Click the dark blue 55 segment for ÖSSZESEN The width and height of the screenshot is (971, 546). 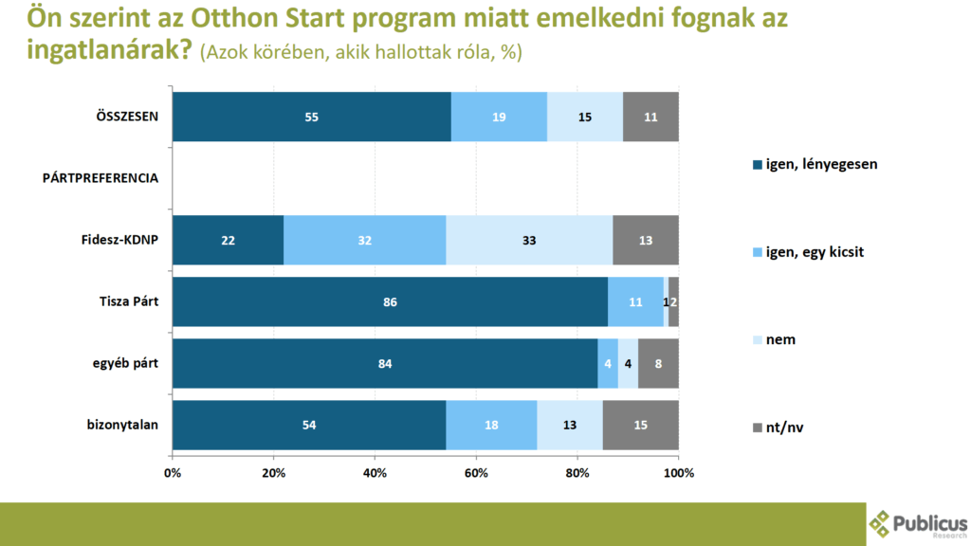pos(311,117)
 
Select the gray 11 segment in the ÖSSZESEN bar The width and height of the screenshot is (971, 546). pos(650,117)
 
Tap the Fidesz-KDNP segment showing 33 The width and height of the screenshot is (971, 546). pos(529,240)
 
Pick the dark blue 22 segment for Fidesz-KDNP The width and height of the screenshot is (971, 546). pos(228,240)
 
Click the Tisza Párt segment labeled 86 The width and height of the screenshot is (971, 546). pos(390,301)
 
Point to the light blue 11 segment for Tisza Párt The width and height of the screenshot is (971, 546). pos(635,301)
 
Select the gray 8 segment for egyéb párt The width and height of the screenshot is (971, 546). pos(658,363)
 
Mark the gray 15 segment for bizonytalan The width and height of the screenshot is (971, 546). pos(640,425)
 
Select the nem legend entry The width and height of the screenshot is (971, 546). pos(779,339)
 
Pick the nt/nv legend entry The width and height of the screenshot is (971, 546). pos(785,428)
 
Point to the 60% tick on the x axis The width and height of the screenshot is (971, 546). pos(476,471)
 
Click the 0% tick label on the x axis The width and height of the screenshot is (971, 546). pos(173,471)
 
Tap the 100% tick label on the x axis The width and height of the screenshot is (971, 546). pos(679,471)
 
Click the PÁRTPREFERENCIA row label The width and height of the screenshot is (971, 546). pos(100,178)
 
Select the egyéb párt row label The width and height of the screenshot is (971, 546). pos(122,363)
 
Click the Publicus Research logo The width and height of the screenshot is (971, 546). pos(919,522)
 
